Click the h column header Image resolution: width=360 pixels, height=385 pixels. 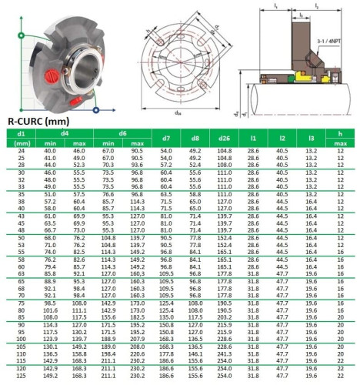coord(340,134)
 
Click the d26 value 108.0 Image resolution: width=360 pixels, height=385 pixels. coord(225,164)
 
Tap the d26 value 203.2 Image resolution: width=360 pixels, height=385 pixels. coord(225,316)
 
